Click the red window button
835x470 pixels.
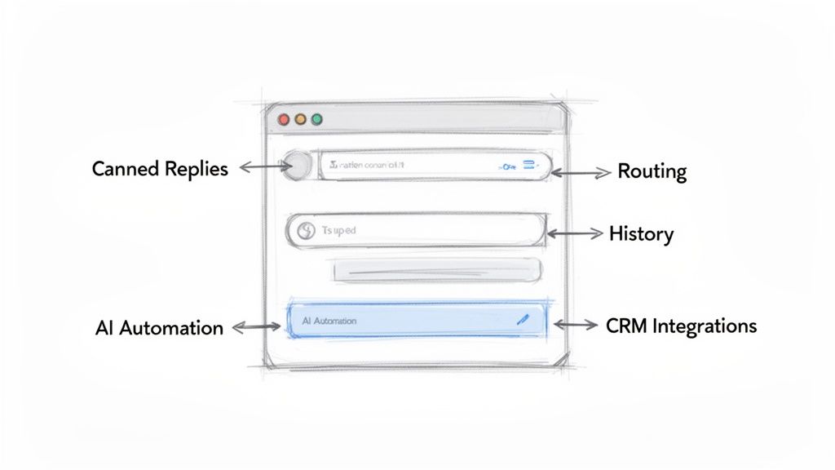tap(284, 119)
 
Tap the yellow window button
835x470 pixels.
tap(300, 119)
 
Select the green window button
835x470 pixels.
tap(316, 119)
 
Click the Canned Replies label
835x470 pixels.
tap(160, 169)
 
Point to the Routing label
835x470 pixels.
tap(652, 171)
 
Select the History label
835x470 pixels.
tap(641, 234)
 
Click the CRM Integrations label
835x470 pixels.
tap(681, 326)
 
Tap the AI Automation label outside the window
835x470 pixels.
tap(159, 328)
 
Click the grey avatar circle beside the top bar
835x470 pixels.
tap(298, 166)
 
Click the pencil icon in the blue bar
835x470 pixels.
tap(523, 320)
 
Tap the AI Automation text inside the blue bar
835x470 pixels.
tap(329, 321)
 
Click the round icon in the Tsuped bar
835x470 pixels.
tap(306, 231)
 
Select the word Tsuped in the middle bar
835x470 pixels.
tap(338, 231)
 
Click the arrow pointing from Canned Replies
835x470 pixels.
tap(260, 166)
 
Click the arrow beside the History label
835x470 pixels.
tap(574, 233)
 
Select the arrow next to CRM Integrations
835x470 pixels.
tap(576, 325)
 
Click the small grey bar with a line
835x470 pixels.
tap(437, 270)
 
